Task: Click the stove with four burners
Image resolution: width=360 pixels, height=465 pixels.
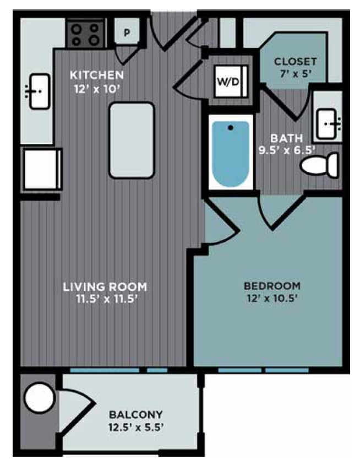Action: click(x=85, y=34)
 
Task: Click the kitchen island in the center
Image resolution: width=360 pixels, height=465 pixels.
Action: click(x=131, y=140)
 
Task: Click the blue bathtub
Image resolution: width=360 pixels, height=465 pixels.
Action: click(x=230, y=154)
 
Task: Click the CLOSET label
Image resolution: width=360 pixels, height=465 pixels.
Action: click(x=296, y=61)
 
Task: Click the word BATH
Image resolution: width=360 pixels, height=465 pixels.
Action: click(x=282, y=138)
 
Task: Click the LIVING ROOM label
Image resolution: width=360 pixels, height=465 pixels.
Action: click(x=105, y=286)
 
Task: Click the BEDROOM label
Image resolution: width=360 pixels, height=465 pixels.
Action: click(x=272, y=286)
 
